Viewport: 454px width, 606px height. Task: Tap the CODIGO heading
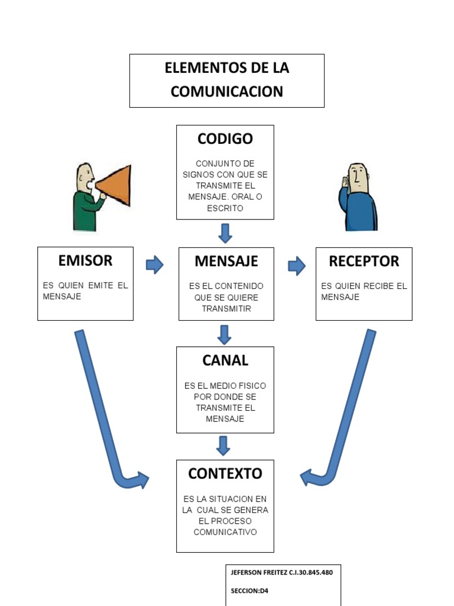225,139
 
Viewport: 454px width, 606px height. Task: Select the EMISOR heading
85,260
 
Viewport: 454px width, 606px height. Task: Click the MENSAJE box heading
226,261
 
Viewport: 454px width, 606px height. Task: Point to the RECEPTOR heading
364,261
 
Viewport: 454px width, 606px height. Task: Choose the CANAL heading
225,360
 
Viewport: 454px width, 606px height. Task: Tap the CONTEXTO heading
225,473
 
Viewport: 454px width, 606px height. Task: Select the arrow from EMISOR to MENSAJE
155,265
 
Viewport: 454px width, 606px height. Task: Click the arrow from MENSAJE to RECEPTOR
296,266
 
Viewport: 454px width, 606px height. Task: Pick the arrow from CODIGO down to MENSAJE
225,233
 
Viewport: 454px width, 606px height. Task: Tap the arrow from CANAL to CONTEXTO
223,445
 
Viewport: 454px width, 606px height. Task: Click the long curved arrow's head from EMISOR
141,480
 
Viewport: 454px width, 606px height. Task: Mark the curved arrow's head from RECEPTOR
308,476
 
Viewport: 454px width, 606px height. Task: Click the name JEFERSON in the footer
248,572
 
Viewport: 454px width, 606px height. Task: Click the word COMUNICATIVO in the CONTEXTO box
225,532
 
